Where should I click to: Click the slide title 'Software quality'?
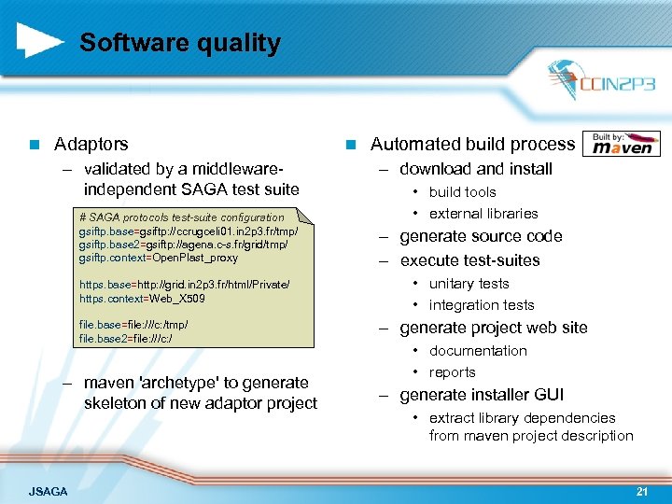pyautogui.click(x=179, y=43)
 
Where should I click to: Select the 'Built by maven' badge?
pyautogui.click(x=623, y=143)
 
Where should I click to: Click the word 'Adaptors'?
pyautogui.click(x=91, y=144)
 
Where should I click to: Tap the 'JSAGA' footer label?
pyautogui.click(x=48, y=490)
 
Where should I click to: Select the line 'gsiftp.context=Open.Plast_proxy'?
pyautogui.click(x=159, y=258)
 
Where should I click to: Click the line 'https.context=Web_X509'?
pyautogui.click(x=142, y=299)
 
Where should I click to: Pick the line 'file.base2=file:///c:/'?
pyautogui.click(x=126, y=338)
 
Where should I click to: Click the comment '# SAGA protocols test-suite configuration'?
pyautogui.click(x=182, y=217)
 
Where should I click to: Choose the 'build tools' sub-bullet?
pyautogui.click(x=462, y=192)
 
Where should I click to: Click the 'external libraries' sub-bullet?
pyautogui.click(x=483, y=214)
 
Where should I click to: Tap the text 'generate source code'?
pyautogui.click(x=481, y=236)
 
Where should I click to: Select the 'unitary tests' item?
pyautogui.click(x=469, y=284)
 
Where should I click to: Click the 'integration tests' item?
pyautogui.click(x=482, y=305)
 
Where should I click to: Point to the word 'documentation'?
pyautogui.click(x=478, y=351)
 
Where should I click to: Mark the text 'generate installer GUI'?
pyautogui.click(x=482, y=395)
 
